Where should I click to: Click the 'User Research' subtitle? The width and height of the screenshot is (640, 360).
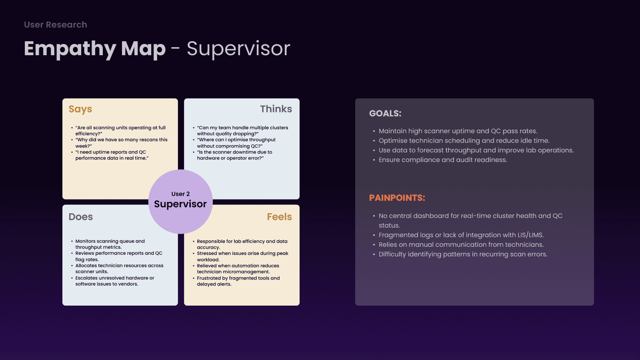point(56,24)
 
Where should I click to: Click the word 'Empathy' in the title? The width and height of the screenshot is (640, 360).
point(70,49)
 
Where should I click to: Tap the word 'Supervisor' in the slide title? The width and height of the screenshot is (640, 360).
point(238,49)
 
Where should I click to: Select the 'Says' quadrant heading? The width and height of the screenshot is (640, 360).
point(80,109)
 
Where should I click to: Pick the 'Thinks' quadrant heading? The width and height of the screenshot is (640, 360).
point(276,109)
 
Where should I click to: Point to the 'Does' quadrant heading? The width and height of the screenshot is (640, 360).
point(80,216)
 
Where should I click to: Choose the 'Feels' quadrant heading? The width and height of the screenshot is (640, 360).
point(280,216)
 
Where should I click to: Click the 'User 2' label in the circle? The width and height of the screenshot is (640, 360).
point(180,194)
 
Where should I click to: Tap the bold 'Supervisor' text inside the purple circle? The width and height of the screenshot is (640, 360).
point(180,204)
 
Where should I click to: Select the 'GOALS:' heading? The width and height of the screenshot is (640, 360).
point(385,114)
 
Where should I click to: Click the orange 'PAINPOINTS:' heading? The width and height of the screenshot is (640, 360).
point(397,198)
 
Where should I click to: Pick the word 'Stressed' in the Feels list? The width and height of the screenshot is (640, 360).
point(207,254)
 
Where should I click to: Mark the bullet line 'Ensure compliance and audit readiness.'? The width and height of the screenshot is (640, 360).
point(443,160)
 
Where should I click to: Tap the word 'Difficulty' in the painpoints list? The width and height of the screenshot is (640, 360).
point(392,254)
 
